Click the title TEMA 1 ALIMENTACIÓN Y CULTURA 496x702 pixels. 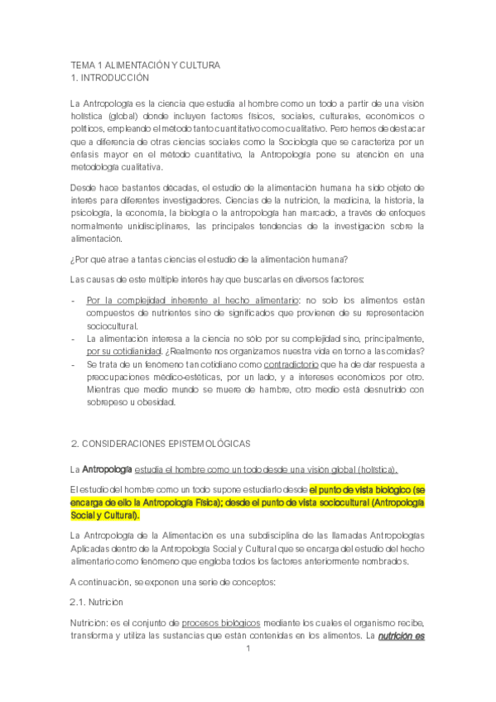(145, 65)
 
